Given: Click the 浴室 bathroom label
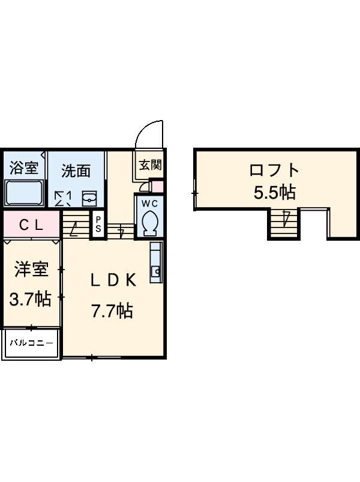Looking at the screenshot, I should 23,167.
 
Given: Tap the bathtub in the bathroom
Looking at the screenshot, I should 23,193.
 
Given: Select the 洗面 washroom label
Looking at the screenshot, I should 76,171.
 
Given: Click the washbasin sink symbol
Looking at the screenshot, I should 89,197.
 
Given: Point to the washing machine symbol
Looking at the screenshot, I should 63,198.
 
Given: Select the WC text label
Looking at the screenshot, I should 149,202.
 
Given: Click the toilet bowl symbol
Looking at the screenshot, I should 149,223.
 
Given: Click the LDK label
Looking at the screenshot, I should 114,280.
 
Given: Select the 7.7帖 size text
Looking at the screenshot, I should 112,311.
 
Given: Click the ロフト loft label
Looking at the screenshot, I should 274,169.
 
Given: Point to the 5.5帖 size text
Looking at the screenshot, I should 274,192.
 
